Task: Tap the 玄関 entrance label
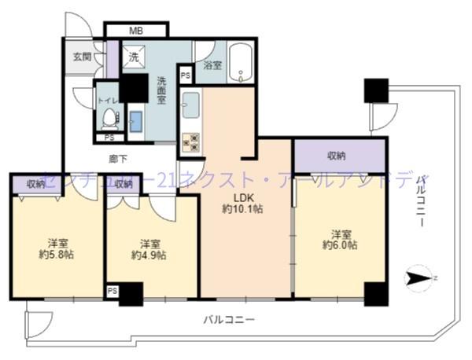(83, 57)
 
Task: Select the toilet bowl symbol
(109, 119)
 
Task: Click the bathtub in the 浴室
(242, 62)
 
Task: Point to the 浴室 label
(212, 65)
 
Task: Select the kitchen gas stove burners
(191, 141)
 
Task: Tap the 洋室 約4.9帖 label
(149, 248)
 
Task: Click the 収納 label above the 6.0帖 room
(339, 156)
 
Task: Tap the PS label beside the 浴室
(185, 75)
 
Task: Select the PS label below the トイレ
(109, 138)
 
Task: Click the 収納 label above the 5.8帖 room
(35, 184)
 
